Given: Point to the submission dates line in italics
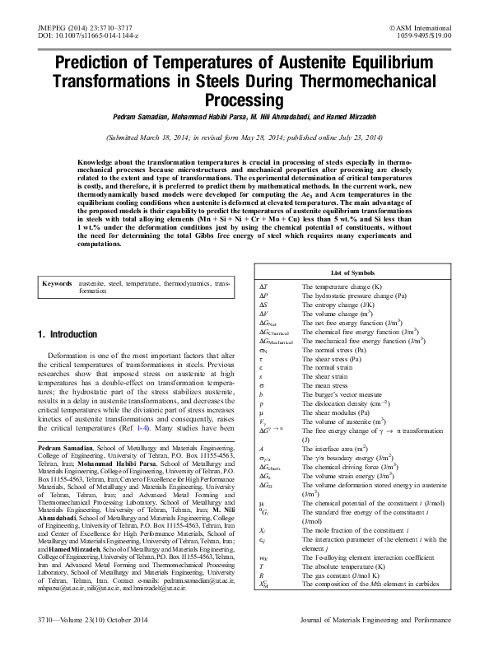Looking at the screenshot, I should [x=244, y=137].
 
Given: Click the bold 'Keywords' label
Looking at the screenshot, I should [x=60, y=283].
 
